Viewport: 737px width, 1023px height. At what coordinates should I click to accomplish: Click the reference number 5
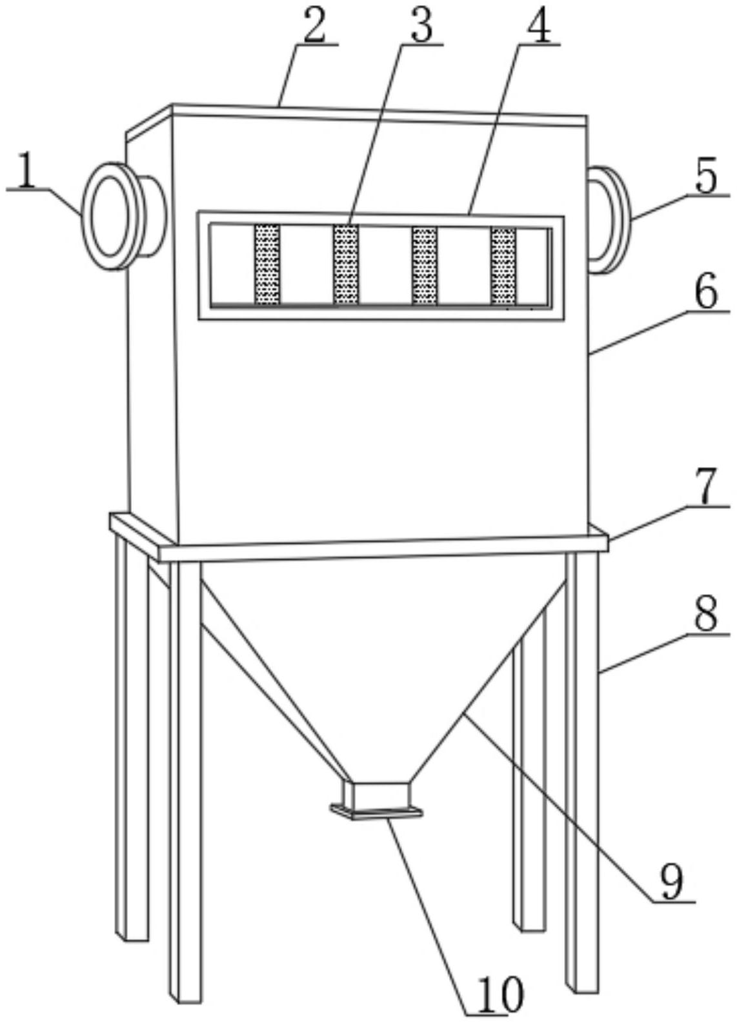[x=706, y=174]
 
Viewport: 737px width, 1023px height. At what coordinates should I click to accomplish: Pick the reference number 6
[x=707, y=290]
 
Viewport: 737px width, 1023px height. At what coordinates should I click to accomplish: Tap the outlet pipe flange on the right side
[x=609, y=220]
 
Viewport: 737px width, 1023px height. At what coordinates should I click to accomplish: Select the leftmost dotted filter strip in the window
[x=267, y=264]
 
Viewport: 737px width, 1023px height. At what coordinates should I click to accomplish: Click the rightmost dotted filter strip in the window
[x=503, y=266]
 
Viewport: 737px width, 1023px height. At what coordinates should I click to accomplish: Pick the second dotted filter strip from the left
[x=346, y=264]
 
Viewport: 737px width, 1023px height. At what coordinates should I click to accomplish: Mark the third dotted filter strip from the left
[x=425, y=265]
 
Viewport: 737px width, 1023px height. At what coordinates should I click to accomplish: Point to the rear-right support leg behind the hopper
[x=529, y=768]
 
